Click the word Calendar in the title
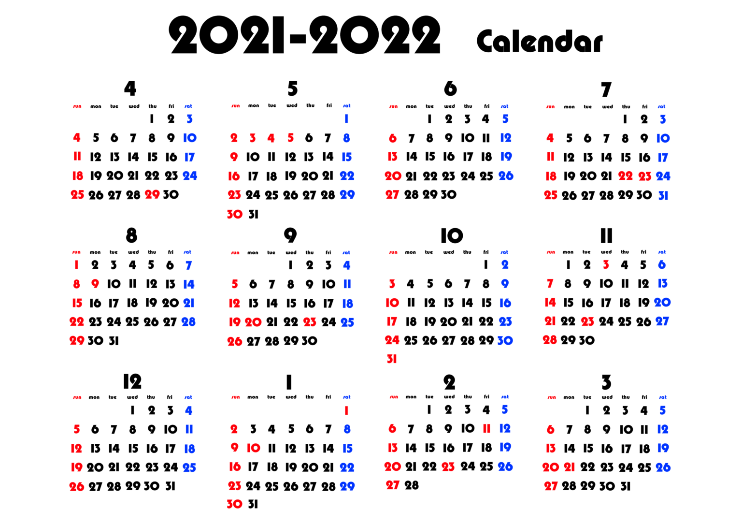click(540, 41)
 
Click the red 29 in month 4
click(152, 194)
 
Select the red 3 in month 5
click(253, 138)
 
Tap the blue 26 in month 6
click(506, 175)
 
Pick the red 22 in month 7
click(626, 175)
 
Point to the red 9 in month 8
click(95, 284)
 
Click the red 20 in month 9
click(253, 322)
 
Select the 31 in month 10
click(392, 359)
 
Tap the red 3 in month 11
click(606, 264)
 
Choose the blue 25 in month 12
click(189, 467)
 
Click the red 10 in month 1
click(254, 448)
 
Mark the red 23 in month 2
click(448, 467)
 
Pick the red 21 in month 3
click(569, 467)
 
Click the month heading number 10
click(452, 235)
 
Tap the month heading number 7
click(606, 89)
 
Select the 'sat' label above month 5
click(346, 106)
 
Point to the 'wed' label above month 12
click(132, 397)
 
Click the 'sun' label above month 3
click(552, 397)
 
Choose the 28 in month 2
click(412, 485)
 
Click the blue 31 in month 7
click(663, 196)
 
